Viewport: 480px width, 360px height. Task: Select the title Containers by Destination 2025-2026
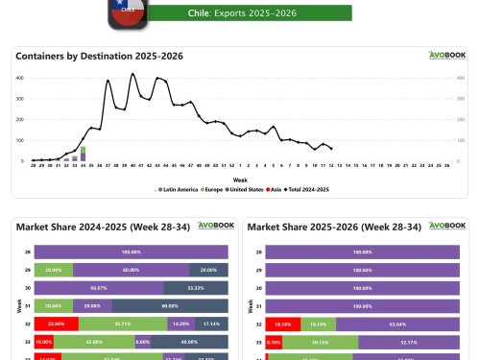[100, 56]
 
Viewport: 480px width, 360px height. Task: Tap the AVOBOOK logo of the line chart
[446, 56]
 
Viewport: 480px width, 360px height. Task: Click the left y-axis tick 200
[22, 119]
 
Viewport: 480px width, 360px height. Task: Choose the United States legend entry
[248, 189]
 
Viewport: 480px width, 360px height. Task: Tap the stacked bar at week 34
[83, 154]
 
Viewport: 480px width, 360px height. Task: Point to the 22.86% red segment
[55, 324]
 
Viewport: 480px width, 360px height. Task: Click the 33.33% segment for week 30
[196, 287]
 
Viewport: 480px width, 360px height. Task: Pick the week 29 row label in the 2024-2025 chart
[28, 269]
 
